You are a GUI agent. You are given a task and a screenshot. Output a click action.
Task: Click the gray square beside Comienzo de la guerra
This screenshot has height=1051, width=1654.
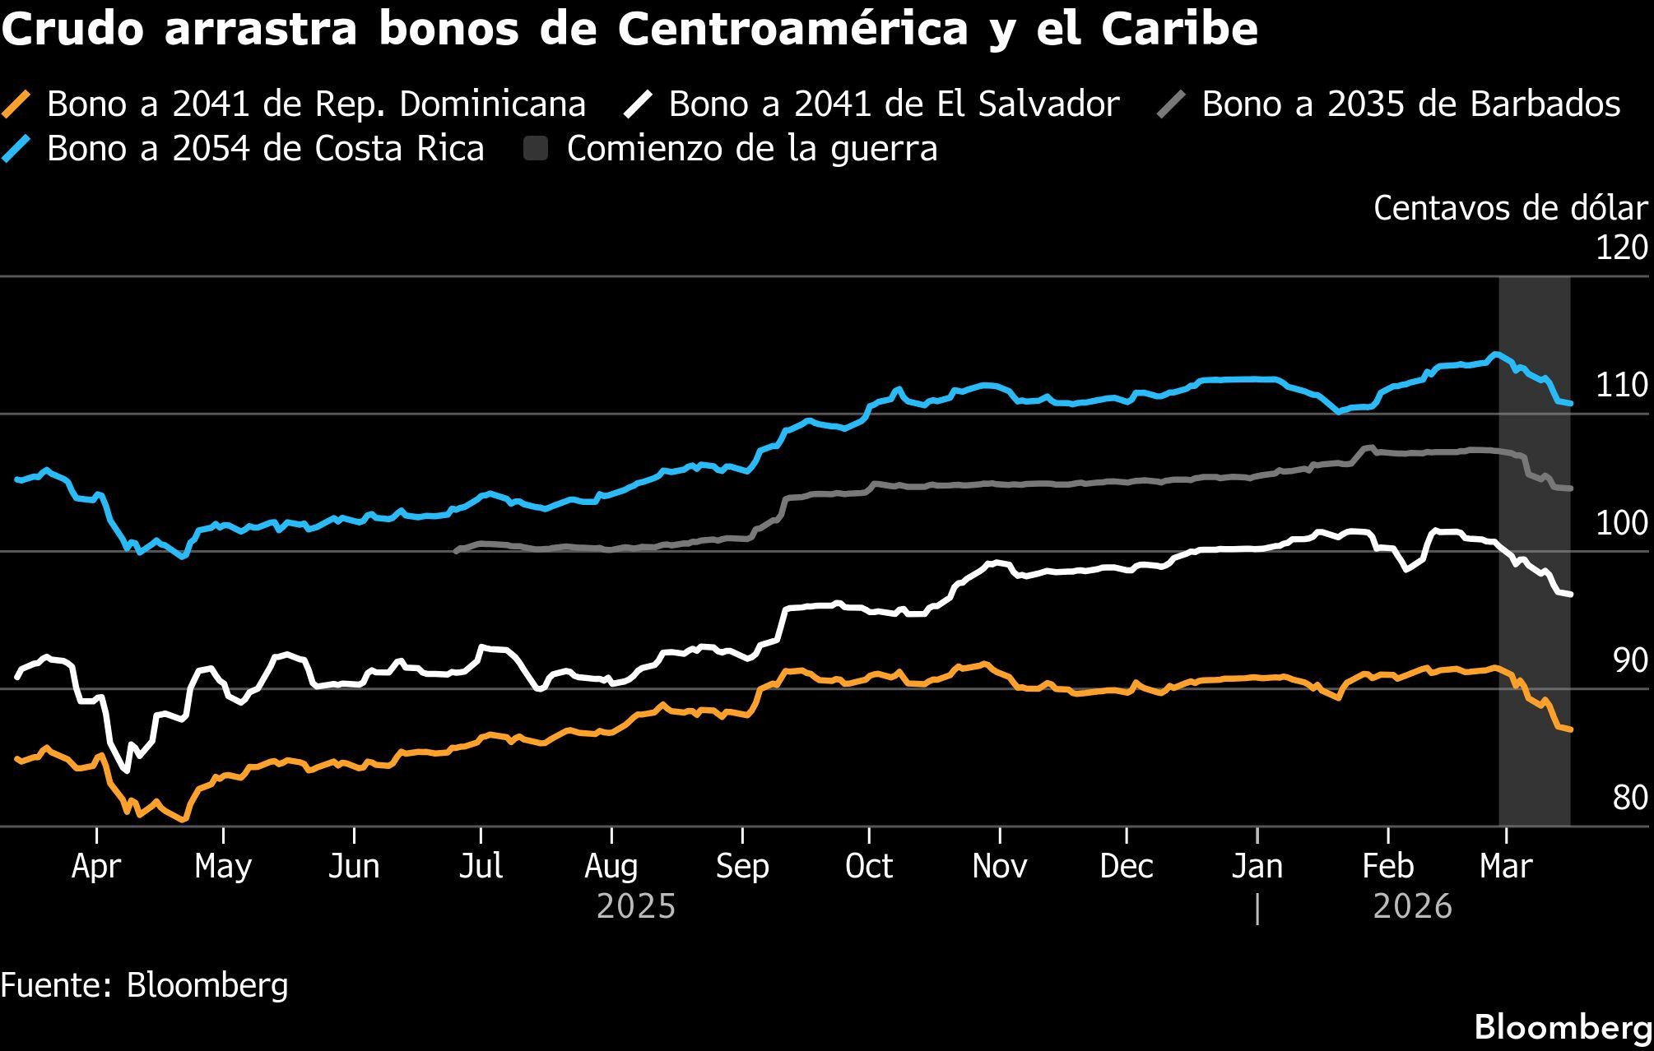click(536, 149)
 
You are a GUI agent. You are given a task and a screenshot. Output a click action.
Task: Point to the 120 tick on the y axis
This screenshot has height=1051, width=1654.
click(1621, 248)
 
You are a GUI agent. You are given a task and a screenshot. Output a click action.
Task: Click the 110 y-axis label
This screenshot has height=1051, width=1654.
click(1621, 385)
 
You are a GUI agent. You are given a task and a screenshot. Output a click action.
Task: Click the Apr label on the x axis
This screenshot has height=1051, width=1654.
click(96, 866)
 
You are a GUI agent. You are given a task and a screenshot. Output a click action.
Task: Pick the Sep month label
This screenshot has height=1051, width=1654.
click(742, 866)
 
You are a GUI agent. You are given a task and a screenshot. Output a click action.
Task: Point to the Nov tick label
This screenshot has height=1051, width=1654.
click(999, 866)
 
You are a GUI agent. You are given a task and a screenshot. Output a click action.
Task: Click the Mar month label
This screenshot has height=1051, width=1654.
click(1505, 866)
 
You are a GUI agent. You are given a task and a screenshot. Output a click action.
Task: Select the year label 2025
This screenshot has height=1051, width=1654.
click(635, 906)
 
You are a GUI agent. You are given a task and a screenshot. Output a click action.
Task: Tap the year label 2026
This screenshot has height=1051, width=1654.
click(1412, 906)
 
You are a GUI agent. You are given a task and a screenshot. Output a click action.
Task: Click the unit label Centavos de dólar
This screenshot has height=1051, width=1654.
click(1510, 209)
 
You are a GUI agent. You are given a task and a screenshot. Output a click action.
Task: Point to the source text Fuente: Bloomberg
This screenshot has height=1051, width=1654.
click(145, 984)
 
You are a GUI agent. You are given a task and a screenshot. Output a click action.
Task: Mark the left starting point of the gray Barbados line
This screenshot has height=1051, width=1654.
click(456, 551)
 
